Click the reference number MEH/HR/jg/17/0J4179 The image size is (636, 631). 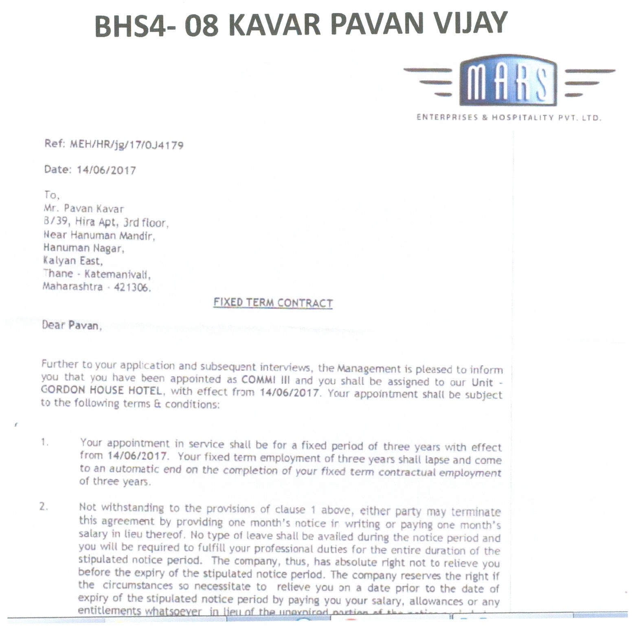pyautogui.click(x=127, y=145)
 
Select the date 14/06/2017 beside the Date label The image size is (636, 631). pyautogui.click(x=106, y=170)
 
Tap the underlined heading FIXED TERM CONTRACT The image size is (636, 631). pyautogui.click(x=273, y=303)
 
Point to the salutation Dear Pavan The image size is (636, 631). pyautogui.click(x=71, y=325)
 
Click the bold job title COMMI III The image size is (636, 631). pyautogui.click(x=265, y=380)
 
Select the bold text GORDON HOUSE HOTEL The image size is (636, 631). pyautogui.click(x=101, y=390)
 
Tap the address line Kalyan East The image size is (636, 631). pyautogui.click(x=72, y=261)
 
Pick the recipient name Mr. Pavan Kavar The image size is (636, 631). pyautogui.click(x=83, y=209)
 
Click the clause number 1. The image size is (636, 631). pyautogui.click(x=44, y=442)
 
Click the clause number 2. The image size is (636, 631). pyautogui.click(x=44, y=507)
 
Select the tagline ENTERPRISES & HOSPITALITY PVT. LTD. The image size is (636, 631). pyautogui.click(x=508, y=118)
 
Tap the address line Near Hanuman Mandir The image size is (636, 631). pyautogui.click(x=99, y=235)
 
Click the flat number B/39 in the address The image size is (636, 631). pyautogui.click(x=55, y=222)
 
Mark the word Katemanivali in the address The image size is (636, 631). pyautogui.click(x=117, y=274)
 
